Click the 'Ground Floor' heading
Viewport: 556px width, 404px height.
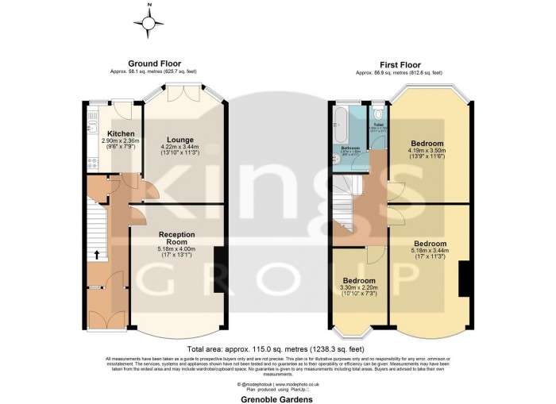tap(154, 63)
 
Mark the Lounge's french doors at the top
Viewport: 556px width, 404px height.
tap(187, 94)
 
